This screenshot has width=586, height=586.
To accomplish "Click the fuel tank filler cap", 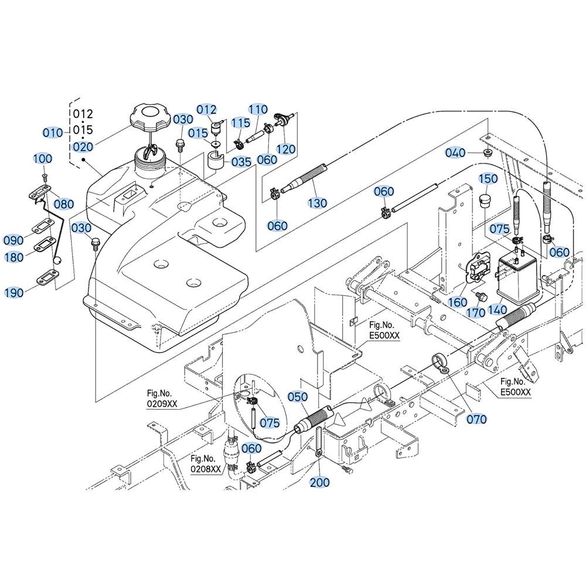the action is (145, 117).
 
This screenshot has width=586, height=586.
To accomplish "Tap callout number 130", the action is (317, 203).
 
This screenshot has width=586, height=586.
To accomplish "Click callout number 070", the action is (476, 419).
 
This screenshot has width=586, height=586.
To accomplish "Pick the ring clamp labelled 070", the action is (439, 362).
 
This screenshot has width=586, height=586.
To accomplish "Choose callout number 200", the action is (320, 482).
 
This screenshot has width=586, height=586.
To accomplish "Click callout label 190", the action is (13, 292).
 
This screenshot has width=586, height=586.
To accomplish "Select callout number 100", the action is (43, 158).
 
